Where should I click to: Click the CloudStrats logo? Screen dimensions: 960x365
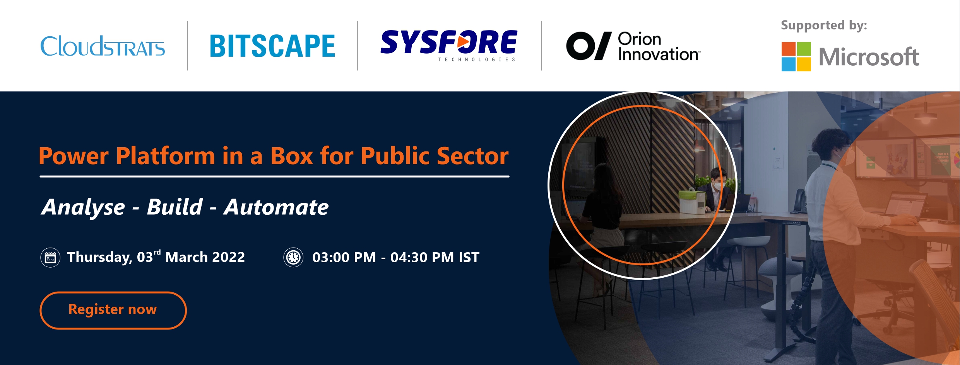tap(103, 46)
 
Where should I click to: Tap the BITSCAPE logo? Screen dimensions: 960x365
tap(272, 46)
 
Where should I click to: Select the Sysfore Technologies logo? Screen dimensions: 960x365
tap(449, 46)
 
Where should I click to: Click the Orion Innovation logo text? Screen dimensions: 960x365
tap(659, 46)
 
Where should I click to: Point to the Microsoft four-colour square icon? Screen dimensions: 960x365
tap(796, 56)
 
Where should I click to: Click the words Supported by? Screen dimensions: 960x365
tap(824, 25)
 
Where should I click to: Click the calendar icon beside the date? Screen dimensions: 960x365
tap(50, 258)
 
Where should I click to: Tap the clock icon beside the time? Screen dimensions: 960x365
tap(293, 257)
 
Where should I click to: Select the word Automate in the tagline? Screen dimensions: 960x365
tap(276, 207)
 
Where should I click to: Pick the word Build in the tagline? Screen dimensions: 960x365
tap(175, 207)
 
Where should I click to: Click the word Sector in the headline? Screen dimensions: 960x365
tap(473, 156)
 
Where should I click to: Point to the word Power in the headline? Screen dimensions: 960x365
tap(74, 156)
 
